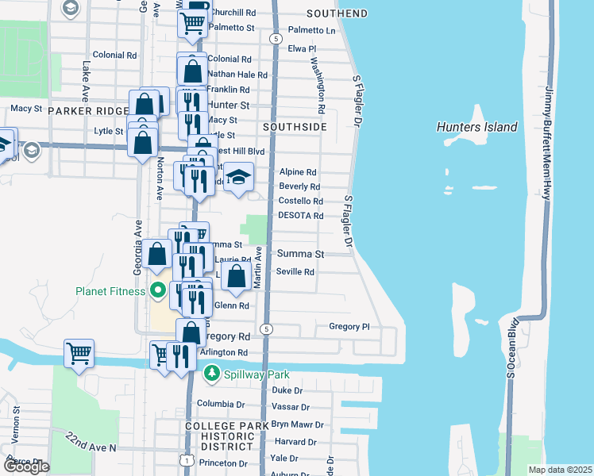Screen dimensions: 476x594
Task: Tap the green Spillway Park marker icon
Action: (211, 373)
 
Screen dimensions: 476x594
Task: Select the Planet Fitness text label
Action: (111, 291)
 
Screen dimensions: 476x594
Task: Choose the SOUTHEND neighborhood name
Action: (337, 13)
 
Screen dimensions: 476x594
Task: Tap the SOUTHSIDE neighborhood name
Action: (295, 127)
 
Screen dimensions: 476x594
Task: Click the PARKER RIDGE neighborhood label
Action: (88, 111)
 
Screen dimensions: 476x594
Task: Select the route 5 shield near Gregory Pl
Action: (268, 328)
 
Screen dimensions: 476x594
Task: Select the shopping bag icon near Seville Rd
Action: (236, 277)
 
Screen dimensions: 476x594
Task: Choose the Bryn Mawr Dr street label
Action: (299, 424)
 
